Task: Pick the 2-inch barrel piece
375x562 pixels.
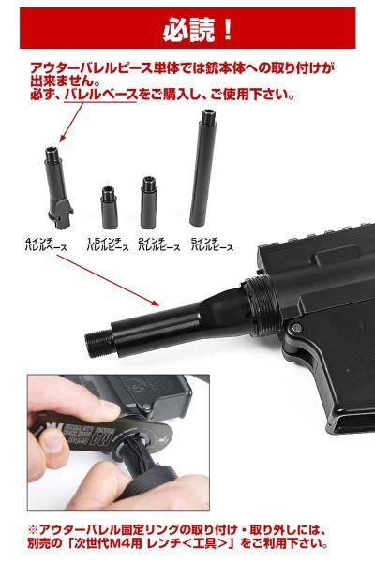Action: coord(148,200)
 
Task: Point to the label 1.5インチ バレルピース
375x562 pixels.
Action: coord(107,245)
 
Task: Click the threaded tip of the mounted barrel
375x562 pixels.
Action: coord(93,340)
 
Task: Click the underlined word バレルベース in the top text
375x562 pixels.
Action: coord(100,95)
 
